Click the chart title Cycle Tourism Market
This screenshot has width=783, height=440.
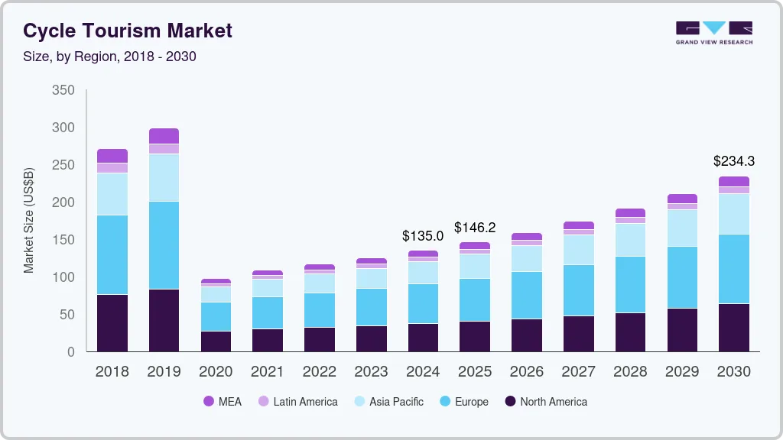point(128,31)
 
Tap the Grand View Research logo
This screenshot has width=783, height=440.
point(713,33)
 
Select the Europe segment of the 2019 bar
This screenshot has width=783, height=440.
point(164,245)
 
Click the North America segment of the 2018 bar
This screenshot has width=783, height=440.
point(112,323)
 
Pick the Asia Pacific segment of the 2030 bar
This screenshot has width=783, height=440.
point(734,214)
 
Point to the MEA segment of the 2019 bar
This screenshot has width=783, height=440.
point(164,136)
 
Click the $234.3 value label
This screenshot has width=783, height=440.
point(734,161)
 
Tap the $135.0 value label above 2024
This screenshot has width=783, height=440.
point(423,236)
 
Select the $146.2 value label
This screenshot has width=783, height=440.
point(475,228)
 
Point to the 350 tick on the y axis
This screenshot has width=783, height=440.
point(63,90)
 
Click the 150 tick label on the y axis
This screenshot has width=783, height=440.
point(63,240)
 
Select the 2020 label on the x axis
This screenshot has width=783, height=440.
point(216,371)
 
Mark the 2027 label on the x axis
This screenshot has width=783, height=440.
point(579,371)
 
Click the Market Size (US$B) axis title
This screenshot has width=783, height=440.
point(29,219)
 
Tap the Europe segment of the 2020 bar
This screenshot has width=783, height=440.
point(216,316)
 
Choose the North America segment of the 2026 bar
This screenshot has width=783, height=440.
point(527,335)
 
